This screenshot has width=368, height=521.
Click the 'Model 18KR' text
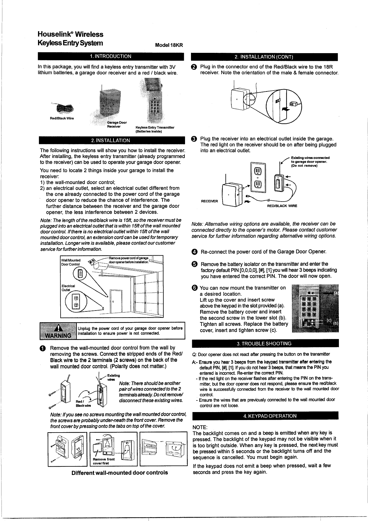coord(169,45)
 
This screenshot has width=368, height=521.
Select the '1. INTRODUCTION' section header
coord(110,56)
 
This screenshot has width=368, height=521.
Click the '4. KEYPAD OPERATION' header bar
coord(265,416)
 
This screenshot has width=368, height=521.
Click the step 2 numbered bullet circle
coord(194,67)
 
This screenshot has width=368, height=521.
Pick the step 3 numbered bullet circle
coord(194,139)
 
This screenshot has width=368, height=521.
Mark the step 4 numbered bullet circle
coord(195,252)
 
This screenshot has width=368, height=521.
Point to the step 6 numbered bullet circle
coord(195,288)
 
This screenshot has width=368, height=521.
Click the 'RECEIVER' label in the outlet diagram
coord(209,201)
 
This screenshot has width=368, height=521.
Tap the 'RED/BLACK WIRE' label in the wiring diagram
coord(282,206)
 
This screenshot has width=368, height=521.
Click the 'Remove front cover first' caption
coord(102,461)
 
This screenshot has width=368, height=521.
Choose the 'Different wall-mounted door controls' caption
coord(120,472)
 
